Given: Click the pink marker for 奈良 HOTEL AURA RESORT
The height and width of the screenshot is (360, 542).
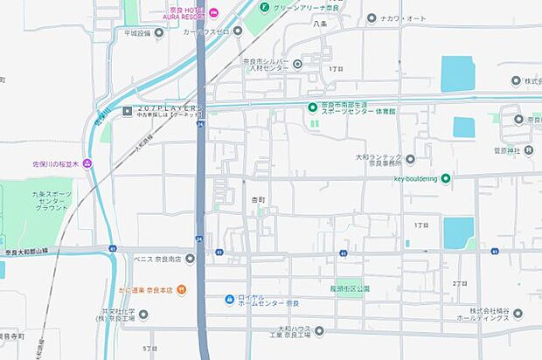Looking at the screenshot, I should [214, 11].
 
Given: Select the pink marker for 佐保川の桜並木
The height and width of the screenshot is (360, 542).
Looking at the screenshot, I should [87, 163].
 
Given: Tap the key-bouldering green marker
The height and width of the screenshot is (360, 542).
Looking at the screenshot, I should [446, 178].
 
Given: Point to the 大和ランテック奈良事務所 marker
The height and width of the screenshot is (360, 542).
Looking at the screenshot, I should [410, 158].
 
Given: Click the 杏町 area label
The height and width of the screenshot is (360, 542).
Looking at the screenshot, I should [255, 200].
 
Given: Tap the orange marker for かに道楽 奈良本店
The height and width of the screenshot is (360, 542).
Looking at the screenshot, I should [181, 288].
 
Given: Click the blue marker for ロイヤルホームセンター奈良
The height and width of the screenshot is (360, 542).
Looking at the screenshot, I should [229, 300].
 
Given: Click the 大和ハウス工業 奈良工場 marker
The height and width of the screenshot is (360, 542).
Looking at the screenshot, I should [319, 330].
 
